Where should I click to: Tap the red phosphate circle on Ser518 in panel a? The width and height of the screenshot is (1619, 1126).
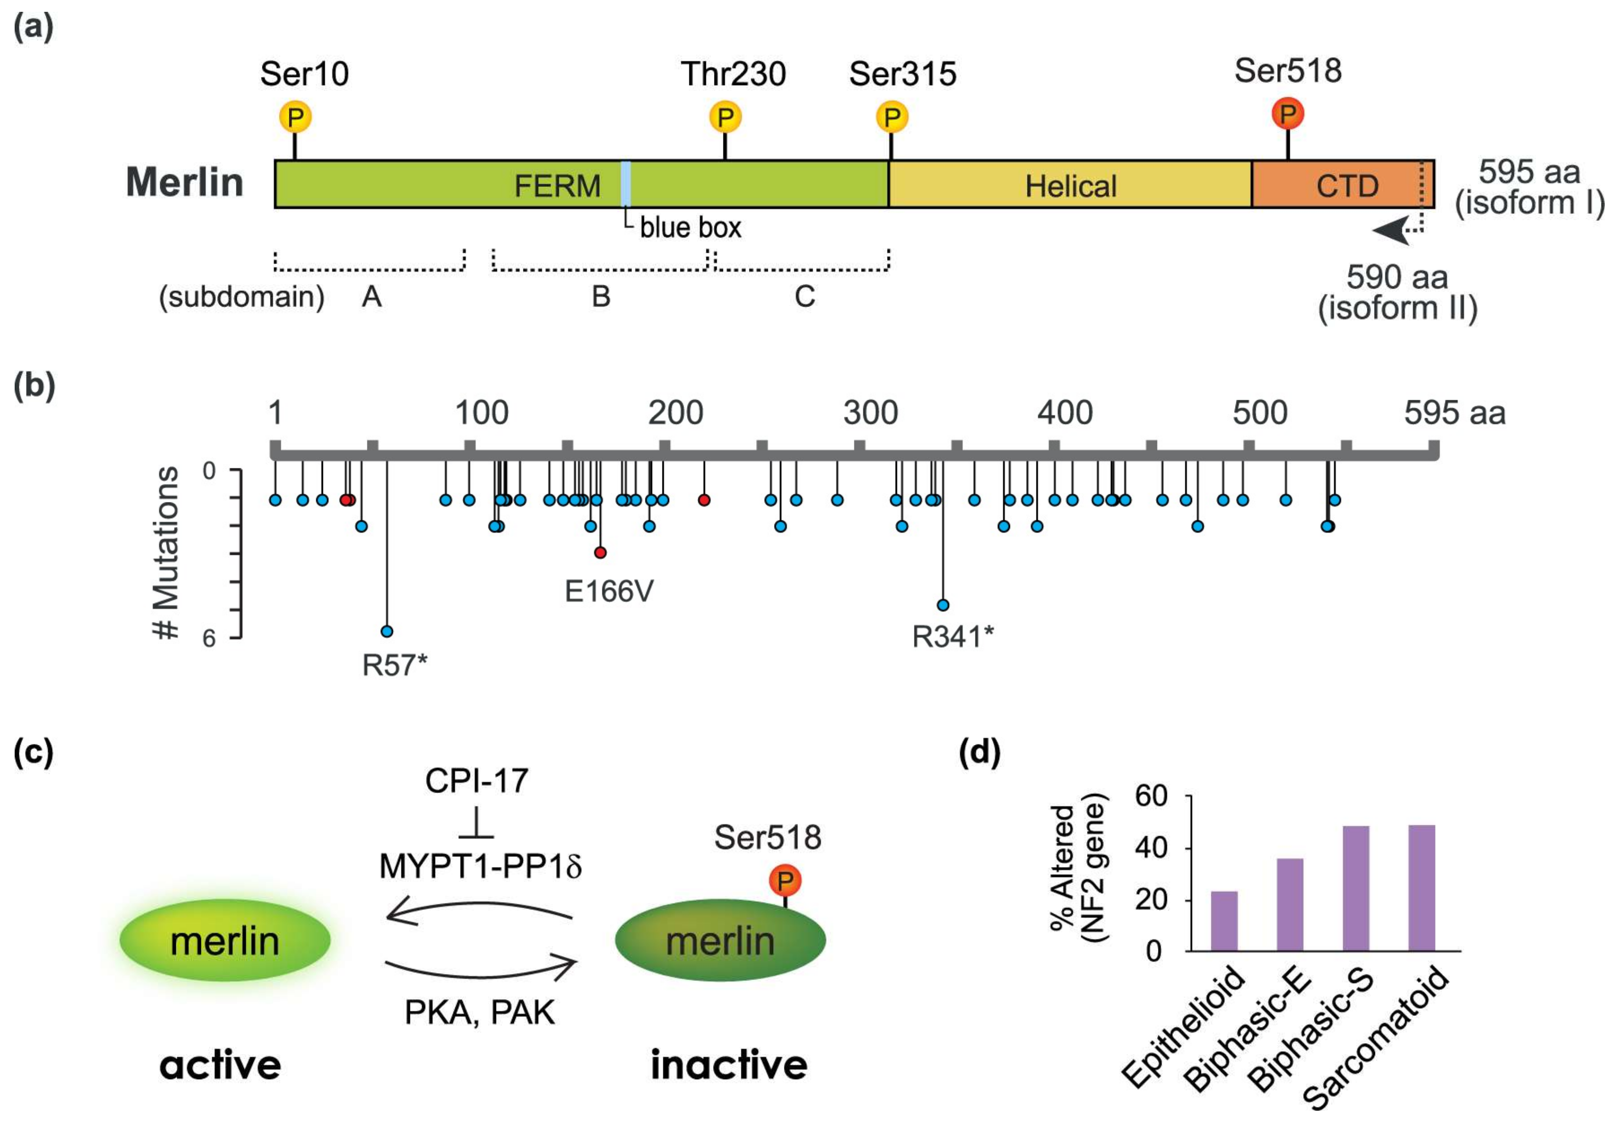click(1288, 114)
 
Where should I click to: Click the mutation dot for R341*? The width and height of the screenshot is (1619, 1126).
click(943, 605)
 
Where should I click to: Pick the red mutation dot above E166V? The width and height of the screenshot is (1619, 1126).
click(600, 553)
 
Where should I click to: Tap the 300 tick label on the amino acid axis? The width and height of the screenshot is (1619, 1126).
click(870, 413)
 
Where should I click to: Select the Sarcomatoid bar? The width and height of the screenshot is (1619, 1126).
click(1421, 888)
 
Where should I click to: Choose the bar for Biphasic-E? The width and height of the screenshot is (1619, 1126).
click(1290, 905)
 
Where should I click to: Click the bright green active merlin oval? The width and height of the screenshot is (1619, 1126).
click(225, 941)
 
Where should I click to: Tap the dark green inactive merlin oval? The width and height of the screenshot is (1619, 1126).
click(720, 941)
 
